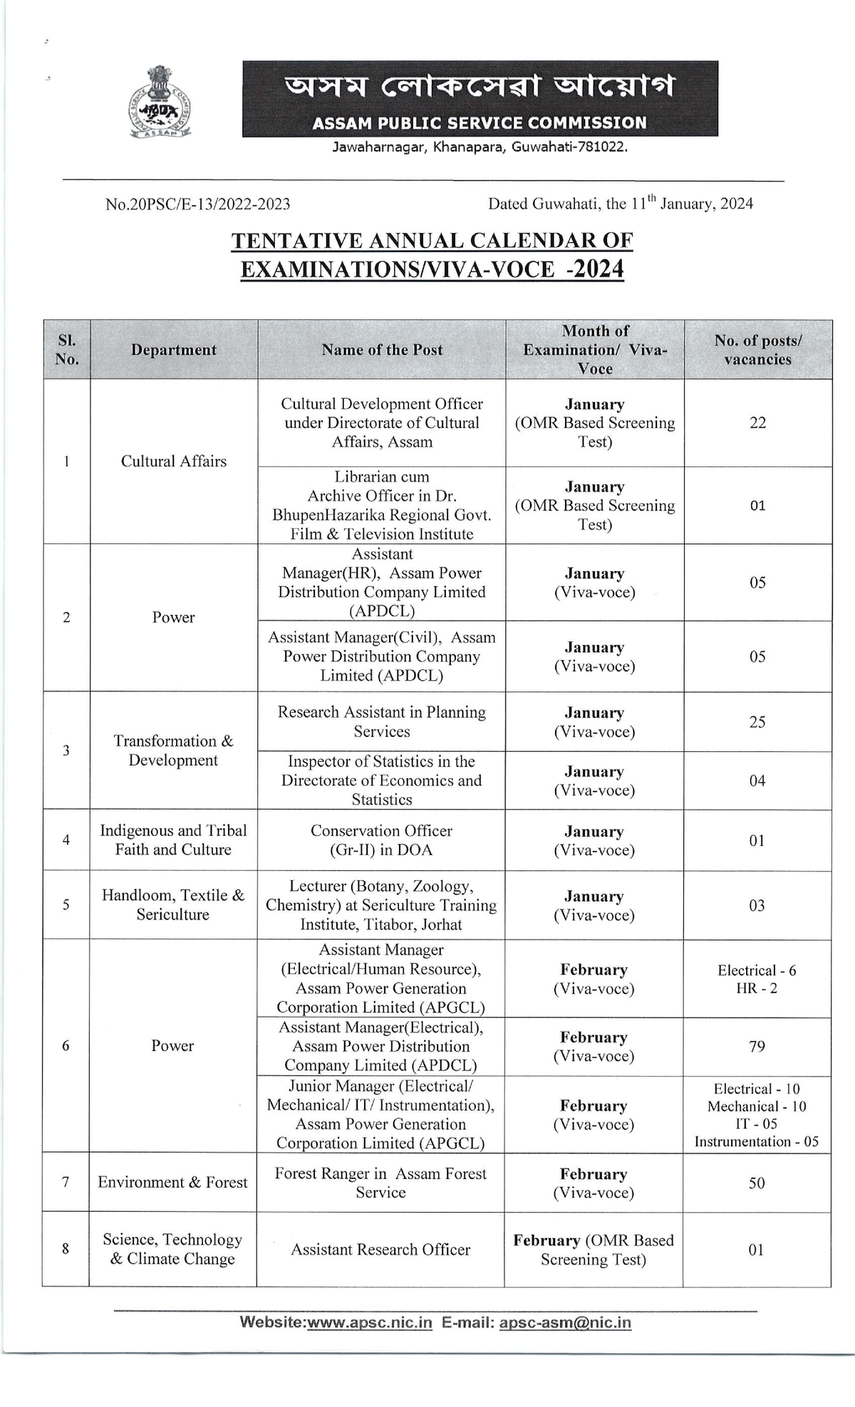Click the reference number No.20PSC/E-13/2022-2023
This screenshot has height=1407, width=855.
coord(197,204)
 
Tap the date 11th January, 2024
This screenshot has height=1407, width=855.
coord(691,204)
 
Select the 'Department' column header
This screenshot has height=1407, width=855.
coord(173,350)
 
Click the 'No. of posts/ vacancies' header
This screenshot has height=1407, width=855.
coord(757,350)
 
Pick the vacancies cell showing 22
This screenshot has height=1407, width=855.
coord(757,423)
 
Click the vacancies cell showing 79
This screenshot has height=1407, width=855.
coord(757,1047)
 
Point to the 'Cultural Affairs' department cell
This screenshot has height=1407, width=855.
coord(173,461)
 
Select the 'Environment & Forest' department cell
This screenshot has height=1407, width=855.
coord(172,1183)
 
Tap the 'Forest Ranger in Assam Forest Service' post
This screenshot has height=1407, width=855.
coord(380,1183)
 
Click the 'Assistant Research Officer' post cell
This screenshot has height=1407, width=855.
coord(380,1250)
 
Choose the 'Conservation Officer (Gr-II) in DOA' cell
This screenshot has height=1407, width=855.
coord(381,840)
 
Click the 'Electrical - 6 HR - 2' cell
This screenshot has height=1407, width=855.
coord(757,979)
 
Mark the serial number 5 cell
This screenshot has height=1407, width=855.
coord(66,905)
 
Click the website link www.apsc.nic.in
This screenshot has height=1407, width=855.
coord(370,1322)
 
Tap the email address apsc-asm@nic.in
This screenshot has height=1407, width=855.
coord(565,1322)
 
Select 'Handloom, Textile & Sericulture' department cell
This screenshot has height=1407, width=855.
coord(172,905)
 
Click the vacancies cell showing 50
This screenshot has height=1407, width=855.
coord(757,1183)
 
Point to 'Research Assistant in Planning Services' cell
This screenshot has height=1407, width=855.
coord(381,721)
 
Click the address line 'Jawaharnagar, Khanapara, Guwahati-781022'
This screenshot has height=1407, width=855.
coord(480,147)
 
